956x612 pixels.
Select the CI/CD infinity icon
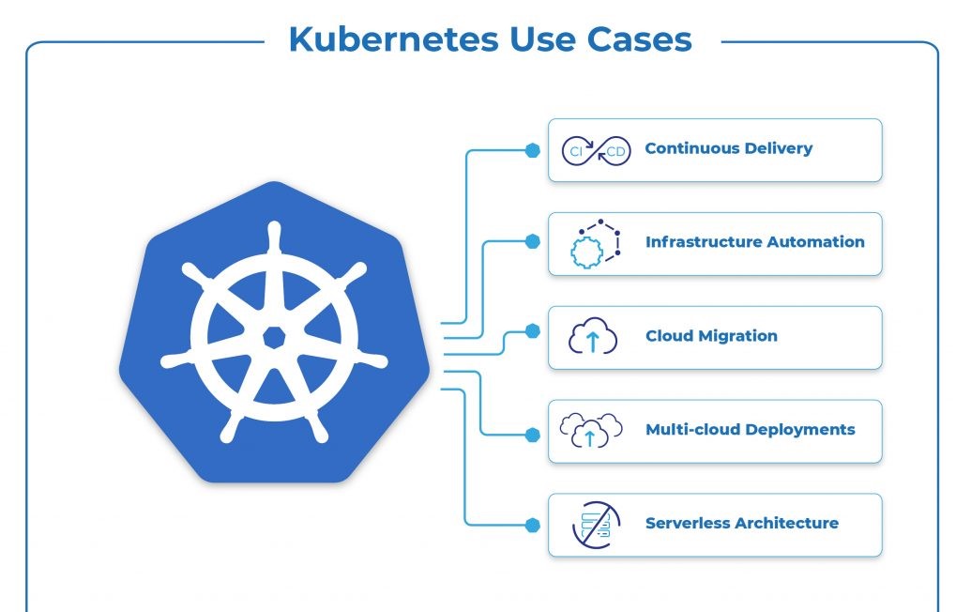(x=595, y=150)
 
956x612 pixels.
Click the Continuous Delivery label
(x=728, y=148)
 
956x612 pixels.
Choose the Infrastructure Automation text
(x=754, y=242)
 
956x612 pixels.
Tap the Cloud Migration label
(x=711, y=336)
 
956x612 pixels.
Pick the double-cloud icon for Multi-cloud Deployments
(x=591, y=430)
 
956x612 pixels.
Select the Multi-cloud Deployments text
(x=750, y=430)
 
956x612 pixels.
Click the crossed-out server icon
(x=596, y=525)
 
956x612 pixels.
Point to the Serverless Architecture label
(x=741, y=524)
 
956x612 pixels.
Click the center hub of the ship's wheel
(x=274, y=335)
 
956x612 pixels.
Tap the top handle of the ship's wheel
(x=274, y=234)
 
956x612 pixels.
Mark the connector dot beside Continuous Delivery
(x=533, y=149)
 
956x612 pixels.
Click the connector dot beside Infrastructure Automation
(x=533, y=241)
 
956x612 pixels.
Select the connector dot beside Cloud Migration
(x=533, y=330)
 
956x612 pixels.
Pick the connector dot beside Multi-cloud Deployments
(x=533, y=435)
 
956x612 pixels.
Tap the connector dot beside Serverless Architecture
(x=533, y=524)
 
